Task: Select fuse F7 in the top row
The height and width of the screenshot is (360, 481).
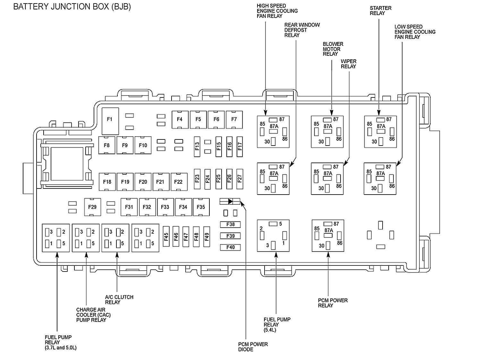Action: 234,120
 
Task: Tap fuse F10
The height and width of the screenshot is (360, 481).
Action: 143,146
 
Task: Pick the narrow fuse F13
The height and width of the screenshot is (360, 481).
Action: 197,146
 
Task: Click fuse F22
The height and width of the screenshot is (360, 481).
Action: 178,182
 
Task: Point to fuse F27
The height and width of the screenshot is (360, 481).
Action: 240,178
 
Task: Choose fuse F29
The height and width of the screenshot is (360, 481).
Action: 92,207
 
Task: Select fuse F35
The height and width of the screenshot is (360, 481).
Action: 201,207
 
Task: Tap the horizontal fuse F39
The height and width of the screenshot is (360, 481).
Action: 230,236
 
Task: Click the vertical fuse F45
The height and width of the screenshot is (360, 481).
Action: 166,237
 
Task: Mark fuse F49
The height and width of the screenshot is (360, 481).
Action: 207,237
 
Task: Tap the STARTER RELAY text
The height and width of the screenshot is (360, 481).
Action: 380,11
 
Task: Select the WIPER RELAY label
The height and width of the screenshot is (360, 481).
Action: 348,64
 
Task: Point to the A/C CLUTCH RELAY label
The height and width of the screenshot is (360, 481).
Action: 119,299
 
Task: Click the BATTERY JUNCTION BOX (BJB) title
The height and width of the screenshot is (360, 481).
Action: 72,7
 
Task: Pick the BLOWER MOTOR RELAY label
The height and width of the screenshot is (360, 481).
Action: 333,49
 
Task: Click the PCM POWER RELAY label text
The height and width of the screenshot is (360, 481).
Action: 333,303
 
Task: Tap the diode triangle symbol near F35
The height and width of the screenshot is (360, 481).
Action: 230,201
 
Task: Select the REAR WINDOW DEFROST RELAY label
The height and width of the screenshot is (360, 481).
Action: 302,30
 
